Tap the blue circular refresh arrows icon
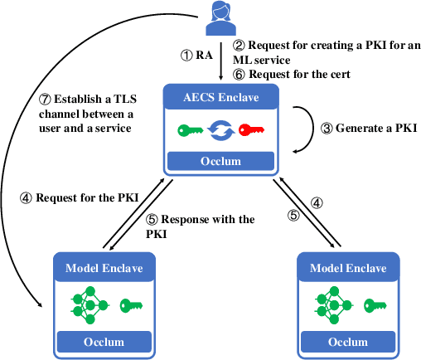pyautogui.click(x=221, y=129)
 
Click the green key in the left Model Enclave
pyautogui.click(x=132, y=304)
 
